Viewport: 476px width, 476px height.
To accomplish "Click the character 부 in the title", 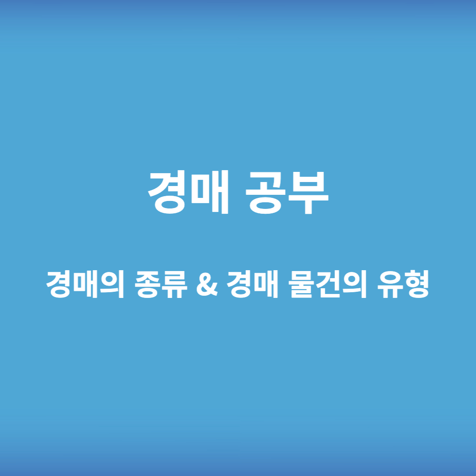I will (x=310, y=193).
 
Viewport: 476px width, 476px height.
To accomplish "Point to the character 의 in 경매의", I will (x=111, y=285).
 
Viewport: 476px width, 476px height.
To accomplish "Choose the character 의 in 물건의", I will (x=353, y=285).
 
